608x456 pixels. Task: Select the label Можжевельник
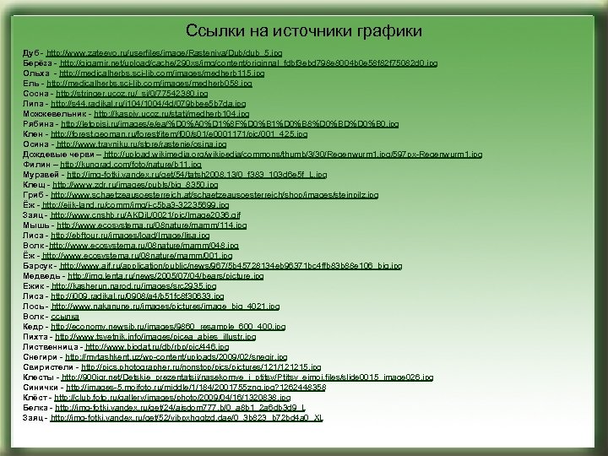[57, 112]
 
